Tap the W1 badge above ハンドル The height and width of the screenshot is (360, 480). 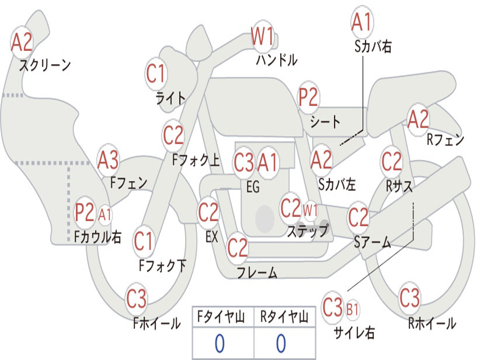click(262, 37)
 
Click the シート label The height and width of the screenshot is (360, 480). click(325, 122)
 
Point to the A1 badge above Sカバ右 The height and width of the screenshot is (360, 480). click(361, 22)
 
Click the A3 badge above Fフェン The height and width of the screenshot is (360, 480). click(108, 160)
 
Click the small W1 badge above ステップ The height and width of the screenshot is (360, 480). click(310, 209)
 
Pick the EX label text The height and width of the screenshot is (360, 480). click(211, 237)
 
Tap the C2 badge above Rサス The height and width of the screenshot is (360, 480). click(391, 162)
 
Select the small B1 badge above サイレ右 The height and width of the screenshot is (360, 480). click(352, 309)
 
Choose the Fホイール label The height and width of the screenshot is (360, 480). click(157, 323)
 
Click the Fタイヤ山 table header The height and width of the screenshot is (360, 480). click(223, 318)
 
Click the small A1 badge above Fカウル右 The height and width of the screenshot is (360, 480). click(105, 215)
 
